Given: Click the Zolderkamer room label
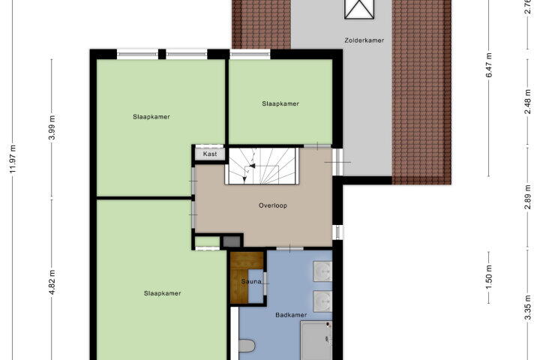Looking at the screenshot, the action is pos(364,40).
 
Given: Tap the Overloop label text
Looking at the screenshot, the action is pos(273,205).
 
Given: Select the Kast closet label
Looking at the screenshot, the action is pos(210,154).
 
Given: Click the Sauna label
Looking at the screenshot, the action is pos(251,282).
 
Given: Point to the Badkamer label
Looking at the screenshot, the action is pos(291,315).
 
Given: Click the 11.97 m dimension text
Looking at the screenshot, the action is pos(13,159).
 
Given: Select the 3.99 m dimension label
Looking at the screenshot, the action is pos(52,127).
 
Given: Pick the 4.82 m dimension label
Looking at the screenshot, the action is pos(52,283).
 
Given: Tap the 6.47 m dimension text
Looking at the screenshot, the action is pos(489,65).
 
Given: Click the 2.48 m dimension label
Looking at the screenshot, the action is pos(528,102).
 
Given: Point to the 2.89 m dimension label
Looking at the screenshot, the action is pos(528,196).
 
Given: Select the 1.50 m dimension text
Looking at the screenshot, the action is pos(489,277).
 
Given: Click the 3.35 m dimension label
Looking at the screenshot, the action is pos(528,307).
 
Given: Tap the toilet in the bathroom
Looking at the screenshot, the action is pos(246,346).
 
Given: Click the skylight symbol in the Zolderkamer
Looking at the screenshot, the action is pos(358,9).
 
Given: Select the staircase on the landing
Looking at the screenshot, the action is pos(262,166).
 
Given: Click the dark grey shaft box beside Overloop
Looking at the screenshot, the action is pos(232,241).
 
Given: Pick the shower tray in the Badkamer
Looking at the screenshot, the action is pos(316,340).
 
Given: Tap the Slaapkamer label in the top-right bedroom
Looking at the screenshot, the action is pos(280,103).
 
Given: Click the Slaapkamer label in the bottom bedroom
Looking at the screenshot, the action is pos(162,293).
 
